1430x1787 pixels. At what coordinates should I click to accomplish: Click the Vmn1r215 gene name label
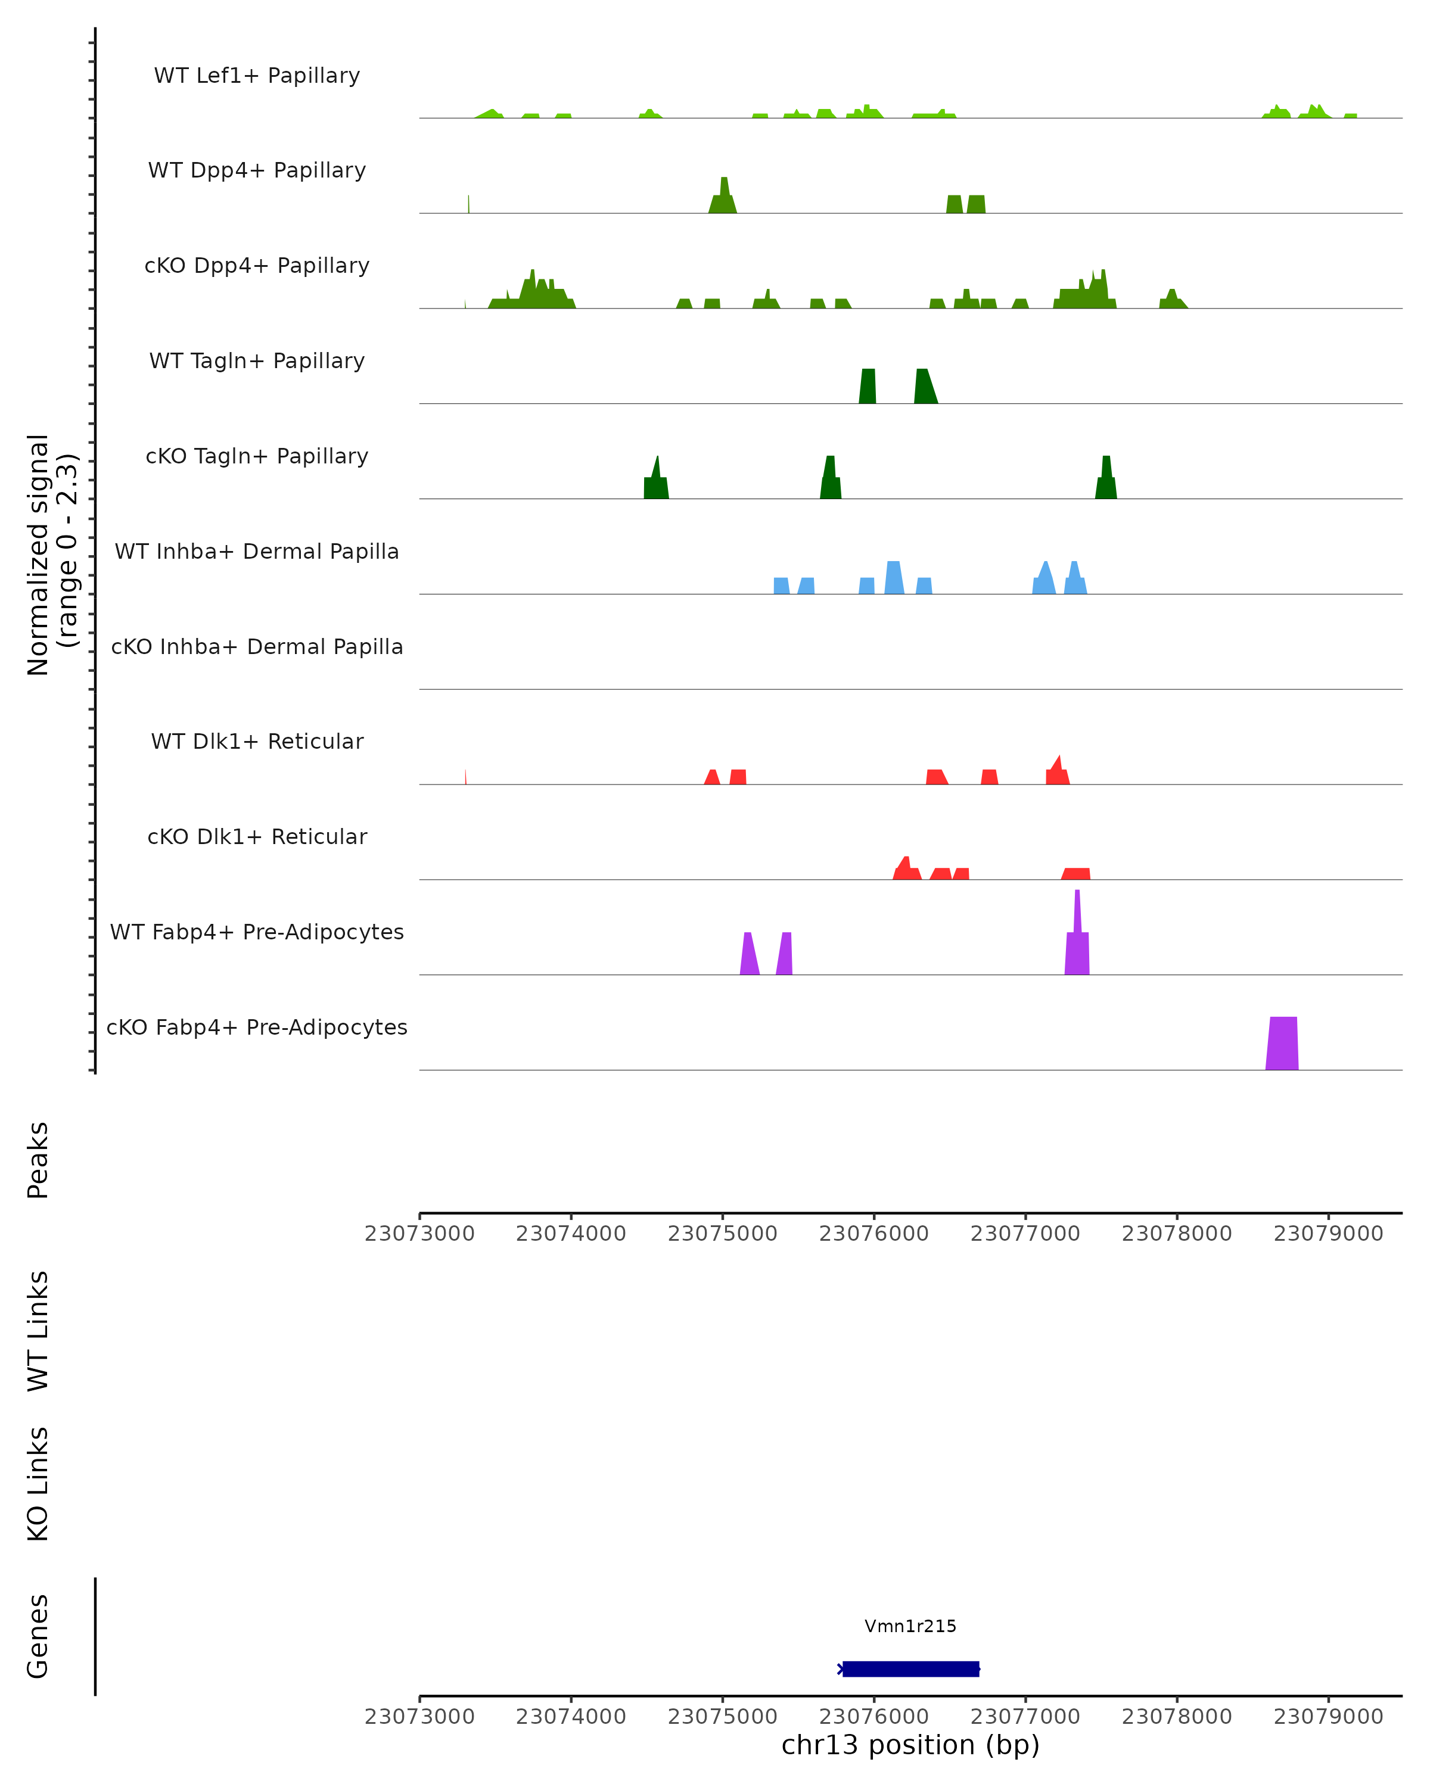coord(910,1626)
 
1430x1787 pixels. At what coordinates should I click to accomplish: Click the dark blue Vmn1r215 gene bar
coord(911,1668)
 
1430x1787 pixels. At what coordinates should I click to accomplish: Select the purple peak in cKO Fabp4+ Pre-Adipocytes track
coord(1282,1044)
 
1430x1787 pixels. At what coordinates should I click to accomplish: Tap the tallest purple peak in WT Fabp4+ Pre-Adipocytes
coord(1077,936)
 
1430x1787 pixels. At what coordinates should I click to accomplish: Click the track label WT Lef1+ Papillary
coord(257,76)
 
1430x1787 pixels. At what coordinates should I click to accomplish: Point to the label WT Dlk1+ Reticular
coord(257,742)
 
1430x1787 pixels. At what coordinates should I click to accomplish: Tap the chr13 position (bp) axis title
coord(910,1745)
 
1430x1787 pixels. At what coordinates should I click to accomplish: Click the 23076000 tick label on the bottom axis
coord(873,1717)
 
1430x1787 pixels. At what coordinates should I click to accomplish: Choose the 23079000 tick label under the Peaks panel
coord(1328,1234)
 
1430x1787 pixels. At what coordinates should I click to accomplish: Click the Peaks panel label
coord(38,1160)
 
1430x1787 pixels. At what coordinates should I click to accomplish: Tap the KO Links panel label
coord(38,1484)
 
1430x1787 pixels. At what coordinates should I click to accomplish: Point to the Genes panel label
coord(38,1636)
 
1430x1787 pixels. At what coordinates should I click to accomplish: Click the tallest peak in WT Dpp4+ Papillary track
coord(724,197)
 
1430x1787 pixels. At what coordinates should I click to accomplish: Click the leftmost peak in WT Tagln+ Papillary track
coord(867,387)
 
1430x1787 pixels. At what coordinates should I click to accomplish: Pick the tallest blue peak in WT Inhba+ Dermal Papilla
coord(894,578)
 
